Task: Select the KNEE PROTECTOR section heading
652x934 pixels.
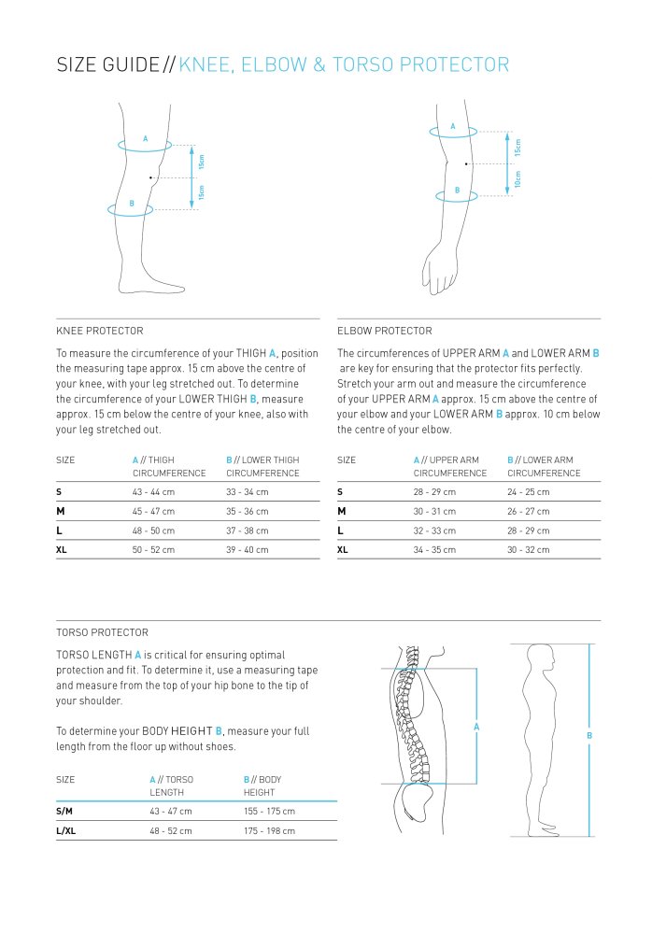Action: click(x=100, y=331)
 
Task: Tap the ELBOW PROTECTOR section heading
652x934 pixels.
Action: click(x=384, y=331)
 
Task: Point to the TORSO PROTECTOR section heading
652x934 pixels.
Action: click(x=102, y=632)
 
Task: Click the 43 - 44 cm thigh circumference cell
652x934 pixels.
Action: click(x=153, y=492)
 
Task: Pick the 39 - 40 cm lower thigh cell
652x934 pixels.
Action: click(x=247, y=550)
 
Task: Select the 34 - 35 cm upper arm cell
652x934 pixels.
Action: click(x=434, y=550)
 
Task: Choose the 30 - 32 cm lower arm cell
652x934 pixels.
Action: click(x=529, y=550)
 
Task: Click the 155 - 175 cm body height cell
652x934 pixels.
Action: click(x=269, y=812)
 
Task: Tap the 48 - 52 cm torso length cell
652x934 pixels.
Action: click(x=170, y=830)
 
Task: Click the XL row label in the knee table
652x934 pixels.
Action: click(x=62, y=550)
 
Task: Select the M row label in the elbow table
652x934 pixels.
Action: click(x=342, y=512)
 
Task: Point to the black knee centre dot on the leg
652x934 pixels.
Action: click(x=150, y=177)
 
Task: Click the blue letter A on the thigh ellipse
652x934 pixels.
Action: click(x=145, y=138)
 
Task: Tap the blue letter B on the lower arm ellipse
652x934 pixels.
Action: click(x=457, y=190)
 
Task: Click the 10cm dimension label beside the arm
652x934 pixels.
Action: click(x=517, y=179)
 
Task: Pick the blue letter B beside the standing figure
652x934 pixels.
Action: click(x=589, y=735)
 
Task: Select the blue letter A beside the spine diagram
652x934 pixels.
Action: click(x=476, y=726)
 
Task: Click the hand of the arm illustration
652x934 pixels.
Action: click(x=436, y=271)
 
